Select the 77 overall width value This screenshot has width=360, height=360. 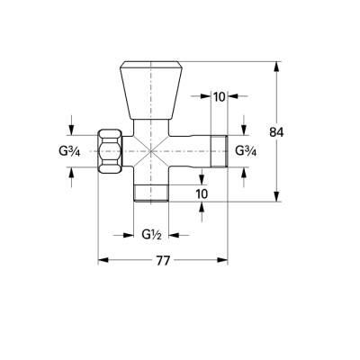pos(162,262)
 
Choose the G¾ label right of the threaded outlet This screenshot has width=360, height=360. pos(246,149)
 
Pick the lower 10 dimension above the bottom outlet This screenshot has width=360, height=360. pos(201,193)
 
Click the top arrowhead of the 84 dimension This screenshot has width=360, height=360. pos(277,65)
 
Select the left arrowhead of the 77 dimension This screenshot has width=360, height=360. pos(101,261)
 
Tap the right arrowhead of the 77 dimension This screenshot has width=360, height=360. pos(226,261)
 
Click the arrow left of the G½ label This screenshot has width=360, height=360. pos(128,236)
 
